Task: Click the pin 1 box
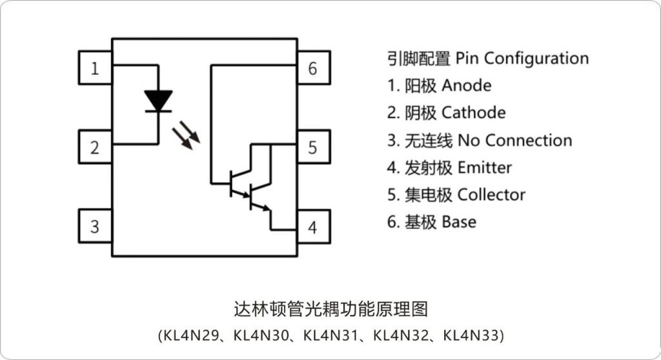click(x=95, y=68)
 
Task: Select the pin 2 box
click(x=95, y=147)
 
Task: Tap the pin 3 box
click(x=95, y=226)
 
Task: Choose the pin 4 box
click(x=313, y=227)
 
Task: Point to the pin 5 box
click(x=313, y=147)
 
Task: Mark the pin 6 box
click(x=313, y=68)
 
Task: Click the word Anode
click(x=466, y=85)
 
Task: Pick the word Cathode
click(x=473, y=113)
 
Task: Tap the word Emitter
click(x=484, y=168)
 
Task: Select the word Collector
click(x=491, y=195)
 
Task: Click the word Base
click(x=459, y=222)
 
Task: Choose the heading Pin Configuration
click(x=522, y=58)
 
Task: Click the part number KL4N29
click(x=190, y=335)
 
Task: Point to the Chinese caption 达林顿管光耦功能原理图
click(x=330, y=309)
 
